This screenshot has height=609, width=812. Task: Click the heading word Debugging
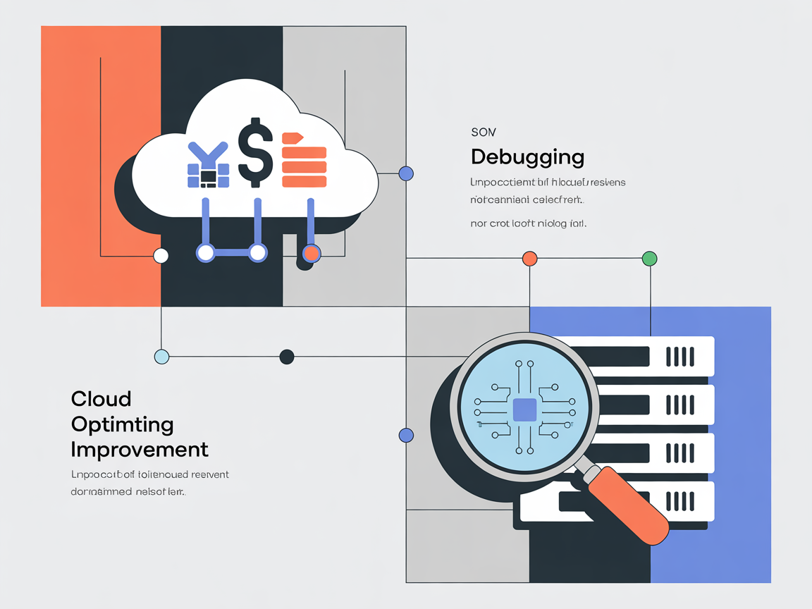tap(527, 156)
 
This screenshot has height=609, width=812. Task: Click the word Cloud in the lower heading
tap(101, 399)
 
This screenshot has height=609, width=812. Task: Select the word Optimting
tap(123, 424)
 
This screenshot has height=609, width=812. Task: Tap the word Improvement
tap(140, 449)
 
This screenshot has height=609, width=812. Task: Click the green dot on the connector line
tap(649, 259)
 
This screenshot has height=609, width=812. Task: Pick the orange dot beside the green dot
tap(529, 259)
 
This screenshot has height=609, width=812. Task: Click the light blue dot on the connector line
tap(161, 356)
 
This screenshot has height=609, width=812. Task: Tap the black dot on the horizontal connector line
tap(286, 356)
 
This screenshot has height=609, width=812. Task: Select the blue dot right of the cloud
tap(406, 173)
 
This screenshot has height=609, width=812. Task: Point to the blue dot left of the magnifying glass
tap(406, 435)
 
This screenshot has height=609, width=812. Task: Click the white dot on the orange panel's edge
tap(161, 255)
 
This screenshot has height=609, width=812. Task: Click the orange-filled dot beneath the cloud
tap(311, 252)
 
